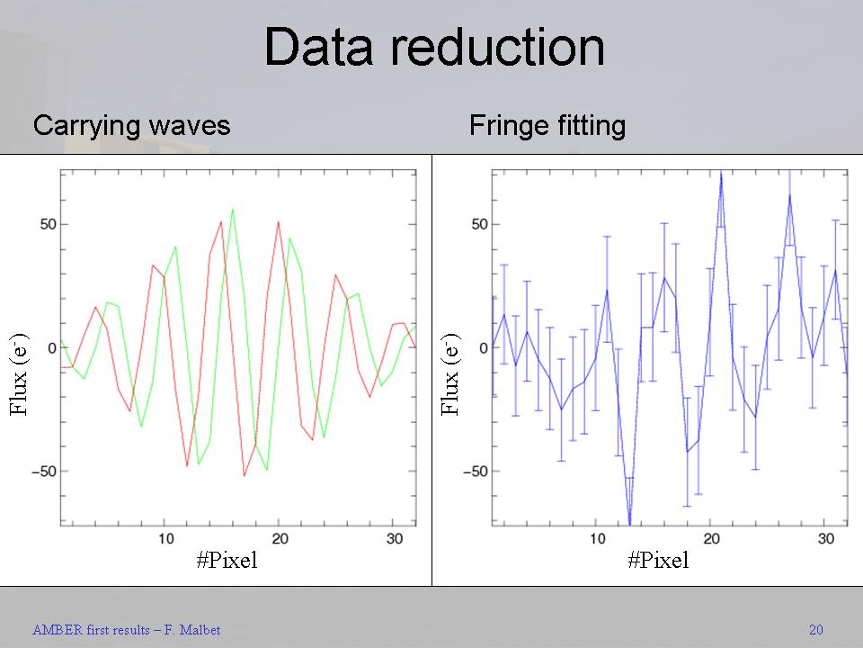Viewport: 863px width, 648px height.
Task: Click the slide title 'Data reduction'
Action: (434, 48)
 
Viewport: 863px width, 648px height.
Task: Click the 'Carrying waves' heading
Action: (131, 125)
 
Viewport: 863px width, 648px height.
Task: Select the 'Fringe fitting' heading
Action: (547, 125)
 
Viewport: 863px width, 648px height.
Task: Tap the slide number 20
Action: (815, 630)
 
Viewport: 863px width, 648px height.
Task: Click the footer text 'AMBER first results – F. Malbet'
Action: (126, 630)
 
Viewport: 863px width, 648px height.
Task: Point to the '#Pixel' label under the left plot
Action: (227, 561)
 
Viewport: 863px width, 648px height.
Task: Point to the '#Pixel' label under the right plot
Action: (658, 561)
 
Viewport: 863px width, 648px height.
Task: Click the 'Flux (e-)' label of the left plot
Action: (19, 374)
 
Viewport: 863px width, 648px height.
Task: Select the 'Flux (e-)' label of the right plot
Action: (450, 374)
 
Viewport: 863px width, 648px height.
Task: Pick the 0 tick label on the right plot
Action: (483, 348)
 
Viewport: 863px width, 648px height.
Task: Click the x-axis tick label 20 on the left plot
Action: (280, 539)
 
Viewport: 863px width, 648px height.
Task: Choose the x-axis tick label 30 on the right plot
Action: (825, 539)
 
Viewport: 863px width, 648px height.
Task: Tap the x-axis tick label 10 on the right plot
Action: (598, 539)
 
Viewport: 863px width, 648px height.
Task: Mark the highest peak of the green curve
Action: (233, 209)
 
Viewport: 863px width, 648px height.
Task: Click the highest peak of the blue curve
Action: (721, 172)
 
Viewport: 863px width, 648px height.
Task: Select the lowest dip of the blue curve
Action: (629, 523)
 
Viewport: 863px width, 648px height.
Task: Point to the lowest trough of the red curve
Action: (244, 476)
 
